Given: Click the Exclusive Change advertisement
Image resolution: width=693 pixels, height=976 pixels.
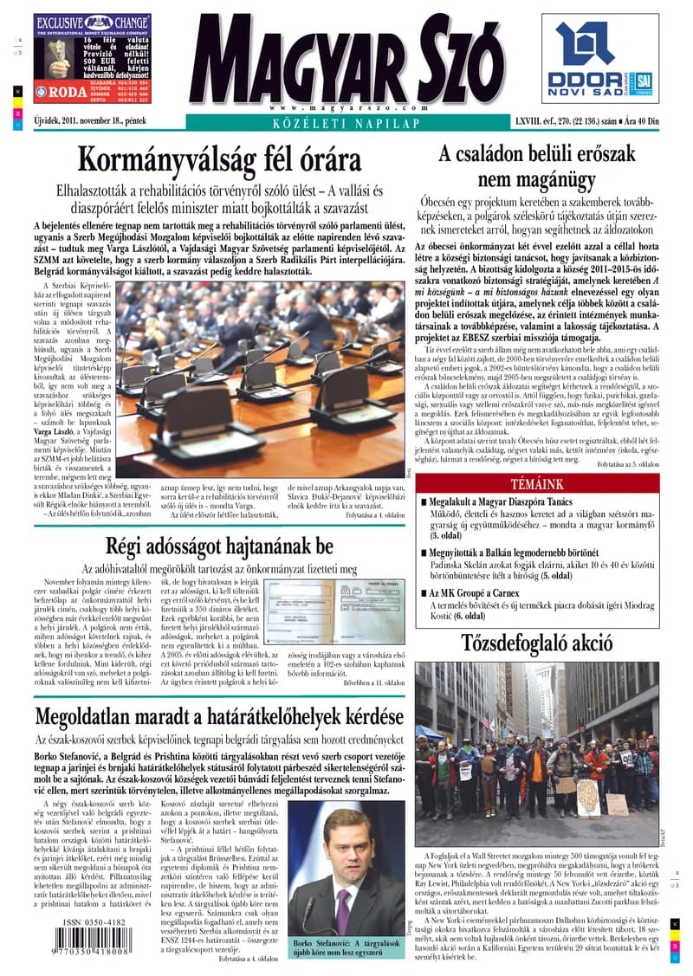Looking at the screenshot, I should pyautogui.click(x=92, y=59).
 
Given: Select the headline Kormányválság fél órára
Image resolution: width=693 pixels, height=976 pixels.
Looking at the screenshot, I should pyautogui.click(x=231, y=160).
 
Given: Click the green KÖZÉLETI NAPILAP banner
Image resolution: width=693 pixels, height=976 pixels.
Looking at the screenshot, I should pyautogui.click(x=346, y=124).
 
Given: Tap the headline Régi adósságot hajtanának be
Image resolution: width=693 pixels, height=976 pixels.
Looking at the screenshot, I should pyautogui.click(x=219, y=546).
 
